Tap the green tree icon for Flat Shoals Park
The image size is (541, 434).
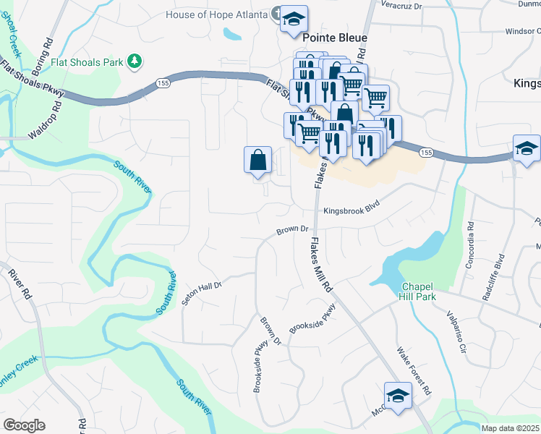tap(133, 62)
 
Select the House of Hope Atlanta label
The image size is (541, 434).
tap(216, 14)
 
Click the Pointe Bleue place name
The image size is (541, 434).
tap(335, 38)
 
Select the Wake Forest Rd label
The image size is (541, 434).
tap(414, 371)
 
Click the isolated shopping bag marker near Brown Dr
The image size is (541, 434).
tap(258, 160)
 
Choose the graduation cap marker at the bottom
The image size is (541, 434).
tap(398, 396)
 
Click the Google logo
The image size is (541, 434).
tap(24, 425)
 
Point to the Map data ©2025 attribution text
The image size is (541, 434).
tap(510, 428)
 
